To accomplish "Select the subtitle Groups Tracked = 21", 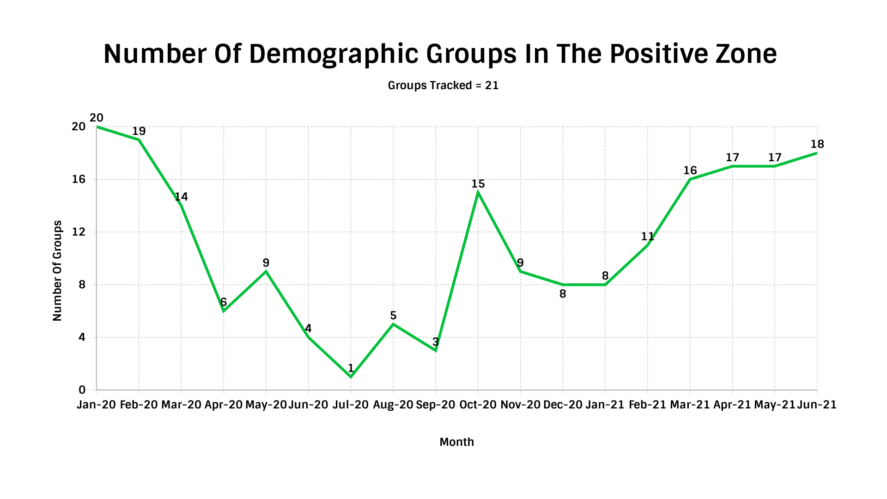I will (443, 85).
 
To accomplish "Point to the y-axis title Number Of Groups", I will (57, 271).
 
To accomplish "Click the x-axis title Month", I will (456, 442).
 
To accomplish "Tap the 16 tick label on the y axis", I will (79, 179).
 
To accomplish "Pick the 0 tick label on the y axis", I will (82, 390).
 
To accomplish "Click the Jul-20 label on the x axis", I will (351, 405).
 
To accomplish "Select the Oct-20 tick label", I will (478, 405).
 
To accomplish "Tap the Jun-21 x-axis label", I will (817, 405).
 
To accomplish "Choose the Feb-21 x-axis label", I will (647, 405).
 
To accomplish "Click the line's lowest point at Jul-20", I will (351, 377).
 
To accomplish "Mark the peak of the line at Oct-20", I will (478, 193).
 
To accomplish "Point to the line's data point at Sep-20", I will (436, 350).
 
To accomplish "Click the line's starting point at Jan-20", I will (97, 127).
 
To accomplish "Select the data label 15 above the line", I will (478, 184).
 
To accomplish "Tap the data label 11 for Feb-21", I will (647, 237).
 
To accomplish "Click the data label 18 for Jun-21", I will (817, 144).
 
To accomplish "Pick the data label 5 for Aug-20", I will (393, 316).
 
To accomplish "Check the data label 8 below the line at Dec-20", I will (563, 294).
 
